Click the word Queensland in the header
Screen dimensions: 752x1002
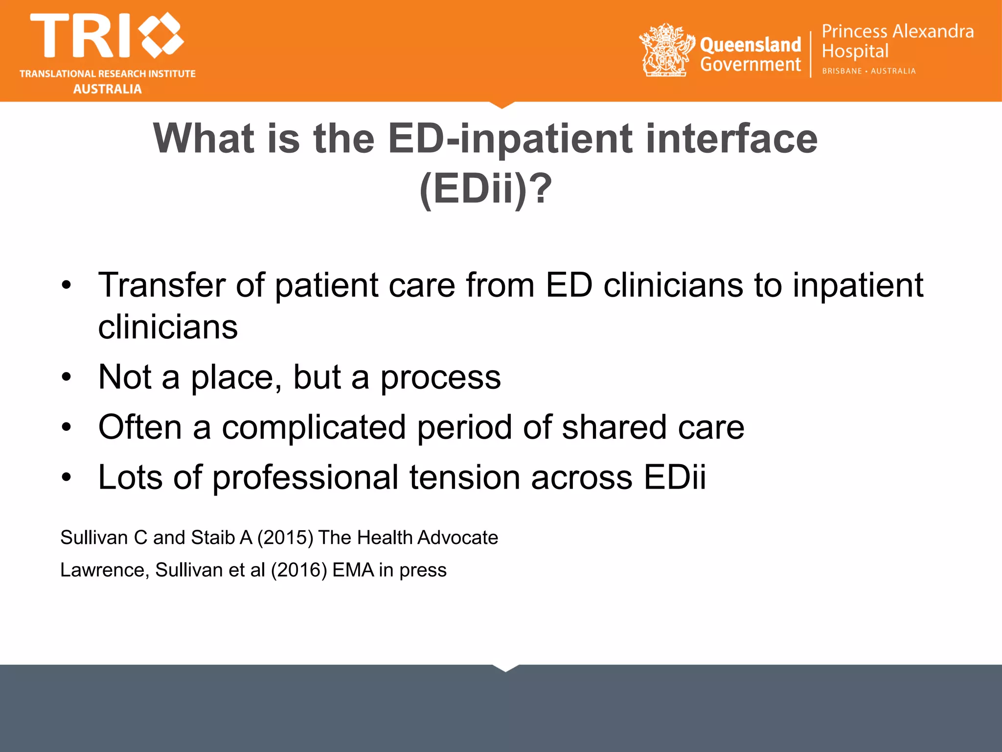751,45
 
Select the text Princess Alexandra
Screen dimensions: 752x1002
897,31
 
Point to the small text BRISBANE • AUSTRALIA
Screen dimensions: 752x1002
868,71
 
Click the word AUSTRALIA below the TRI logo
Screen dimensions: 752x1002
108,89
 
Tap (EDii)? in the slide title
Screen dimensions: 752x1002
485,189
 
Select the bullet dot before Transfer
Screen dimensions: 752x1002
67,285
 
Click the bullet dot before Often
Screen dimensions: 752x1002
67,427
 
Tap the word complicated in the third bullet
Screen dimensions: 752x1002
314,427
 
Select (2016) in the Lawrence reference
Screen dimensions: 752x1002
298,570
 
